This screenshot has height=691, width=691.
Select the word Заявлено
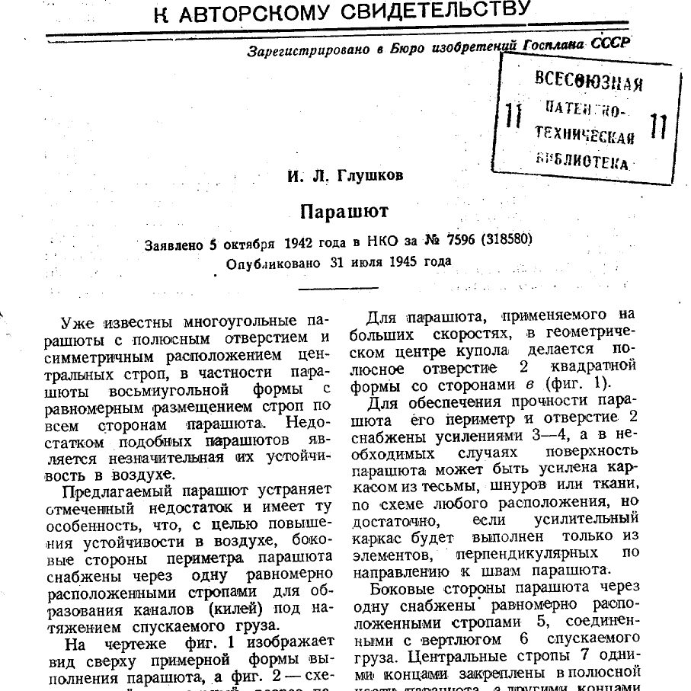pos(174,245)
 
